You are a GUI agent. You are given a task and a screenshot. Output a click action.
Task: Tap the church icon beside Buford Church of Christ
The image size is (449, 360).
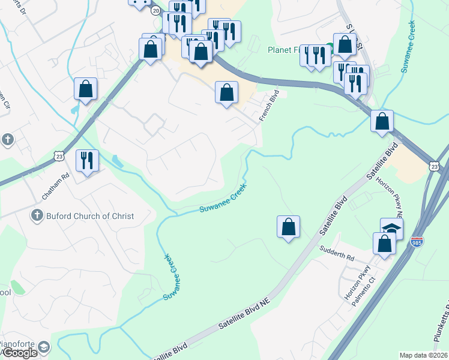click(x=37, y=215)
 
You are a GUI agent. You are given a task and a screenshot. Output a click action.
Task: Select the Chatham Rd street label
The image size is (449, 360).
click(x=56, y=187)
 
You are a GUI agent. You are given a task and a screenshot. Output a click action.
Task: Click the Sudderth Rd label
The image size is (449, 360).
click(x=337, y=253)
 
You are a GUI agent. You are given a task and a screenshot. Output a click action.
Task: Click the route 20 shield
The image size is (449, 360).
click(x=156, y=11)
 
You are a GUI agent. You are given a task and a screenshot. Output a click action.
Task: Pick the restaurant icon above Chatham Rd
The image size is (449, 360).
click(x=87, y=161)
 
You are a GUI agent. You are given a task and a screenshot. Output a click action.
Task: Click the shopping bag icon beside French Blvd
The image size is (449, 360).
click(x=226, y=93)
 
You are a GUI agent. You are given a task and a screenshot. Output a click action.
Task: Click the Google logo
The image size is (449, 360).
click(x=19, y=353)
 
